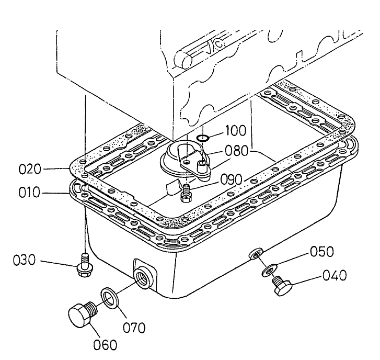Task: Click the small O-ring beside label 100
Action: coord(204,138)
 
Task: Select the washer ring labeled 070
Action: coord(109,298)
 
